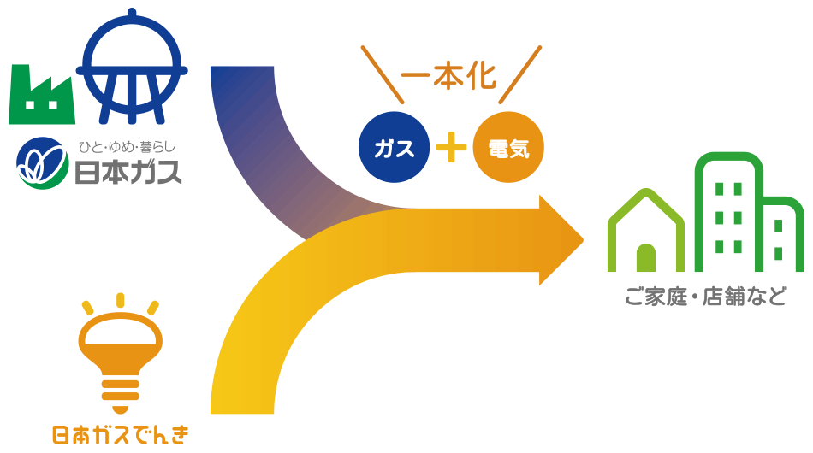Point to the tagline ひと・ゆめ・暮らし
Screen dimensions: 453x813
pyautogui.click(x=127, y=144)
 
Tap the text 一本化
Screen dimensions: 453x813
pyautogui.click(x=448, y=78)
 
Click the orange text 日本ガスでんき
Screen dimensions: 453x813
pyautogui.click(x=120, y=435)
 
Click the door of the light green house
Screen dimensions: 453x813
pyautogui.click(x=646, y=258)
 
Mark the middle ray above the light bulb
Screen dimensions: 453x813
pyautogui.click(x=120, y=300)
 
